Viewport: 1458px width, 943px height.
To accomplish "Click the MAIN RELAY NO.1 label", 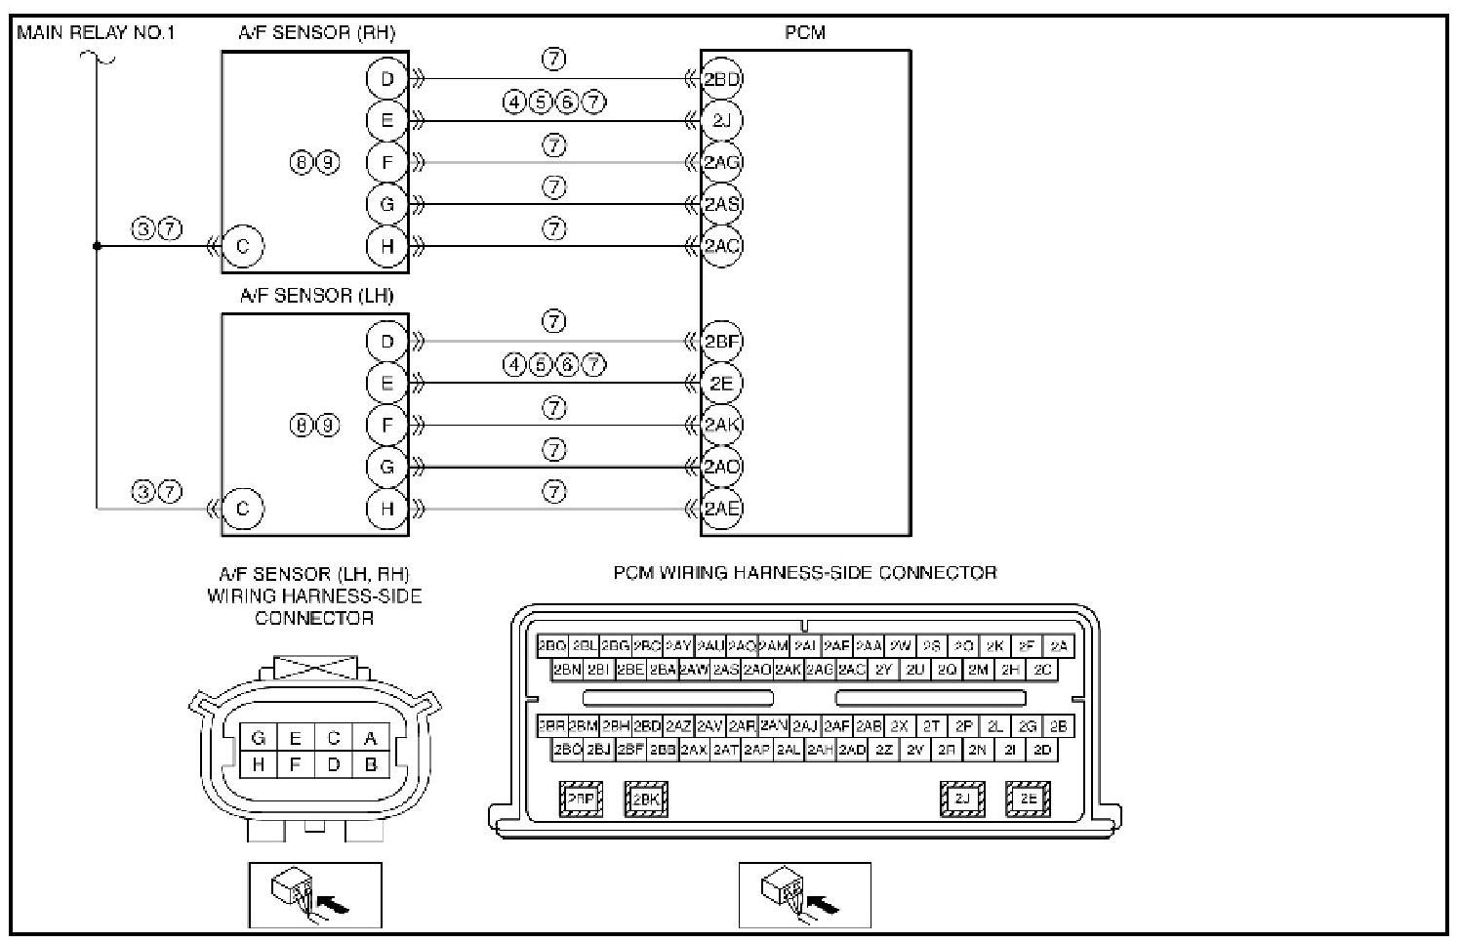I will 96,32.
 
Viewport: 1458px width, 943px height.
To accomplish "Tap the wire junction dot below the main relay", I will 97,246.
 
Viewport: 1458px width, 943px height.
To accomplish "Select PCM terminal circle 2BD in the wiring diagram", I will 722,79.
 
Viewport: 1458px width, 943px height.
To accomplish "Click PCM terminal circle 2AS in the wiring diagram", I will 722,204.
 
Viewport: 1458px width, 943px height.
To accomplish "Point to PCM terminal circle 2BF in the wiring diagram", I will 722,342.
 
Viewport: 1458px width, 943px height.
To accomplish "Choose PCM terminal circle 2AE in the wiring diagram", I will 722,508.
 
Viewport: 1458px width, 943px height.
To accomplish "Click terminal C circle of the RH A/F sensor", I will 243,246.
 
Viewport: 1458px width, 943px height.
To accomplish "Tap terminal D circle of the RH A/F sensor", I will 387,79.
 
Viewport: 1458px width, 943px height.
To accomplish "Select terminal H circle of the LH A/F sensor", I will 387,508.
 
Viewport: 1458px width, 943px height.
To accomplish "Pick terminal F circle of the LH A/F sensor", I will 387,425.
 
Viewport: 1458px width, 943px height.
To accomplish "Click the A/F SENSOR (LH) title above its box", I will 316,295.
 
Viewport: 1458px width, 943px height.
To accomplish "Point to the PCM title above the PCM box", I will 804,32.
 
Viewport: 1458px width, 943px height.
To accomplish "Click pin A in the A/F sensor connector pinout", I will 370,739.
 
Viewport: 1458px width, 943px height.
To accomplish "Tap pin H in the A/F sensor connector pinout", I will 259,765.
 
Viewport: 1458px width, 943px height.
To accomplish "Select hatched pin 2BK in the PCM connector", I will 646,799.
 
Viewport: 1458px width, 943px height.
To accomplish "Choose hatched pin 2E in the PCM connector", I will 1029,799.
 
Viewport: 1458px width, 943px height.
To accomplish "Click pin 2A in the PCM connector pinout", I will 1059,646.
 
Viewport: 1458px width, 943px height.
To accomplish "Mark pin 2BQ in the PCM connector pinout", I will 552,646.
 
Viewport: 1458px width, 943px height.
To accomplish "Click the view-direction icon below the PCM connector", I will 804,894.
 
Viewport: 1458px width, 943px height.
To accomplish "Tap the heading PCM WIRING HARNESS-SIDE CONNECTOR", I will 804,573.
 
